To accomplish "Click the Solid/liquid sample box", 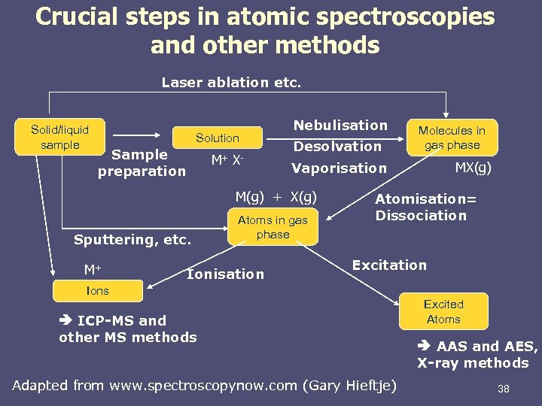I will coord(59,138).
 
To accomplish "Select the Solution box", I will coord(218,138).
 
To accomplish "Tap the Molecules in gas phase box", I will coord(452,138).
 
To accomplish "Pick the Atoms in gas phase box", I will coord(273,227).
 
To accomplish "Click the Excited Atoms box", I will coord(443,311).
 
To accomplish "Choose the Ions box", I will coord(97,290).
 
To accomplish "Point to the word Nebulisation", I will coord(340,125).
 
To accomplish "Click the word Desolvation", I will coord(337,146).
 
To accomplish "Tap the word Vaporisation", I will coord(339,168).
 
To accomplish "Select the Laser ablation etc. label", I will coord(231,82).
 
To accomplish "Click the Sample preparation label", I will coord(141,162).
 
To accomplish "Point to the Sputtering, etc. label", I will coord(132,241).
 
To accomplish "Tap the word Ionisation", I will coord(225,274).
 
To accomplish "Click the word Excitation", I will coord(389,265).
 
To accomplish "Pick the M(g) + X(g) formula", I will coord(276,197).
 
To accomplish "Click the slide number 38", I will coord(504,389).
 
